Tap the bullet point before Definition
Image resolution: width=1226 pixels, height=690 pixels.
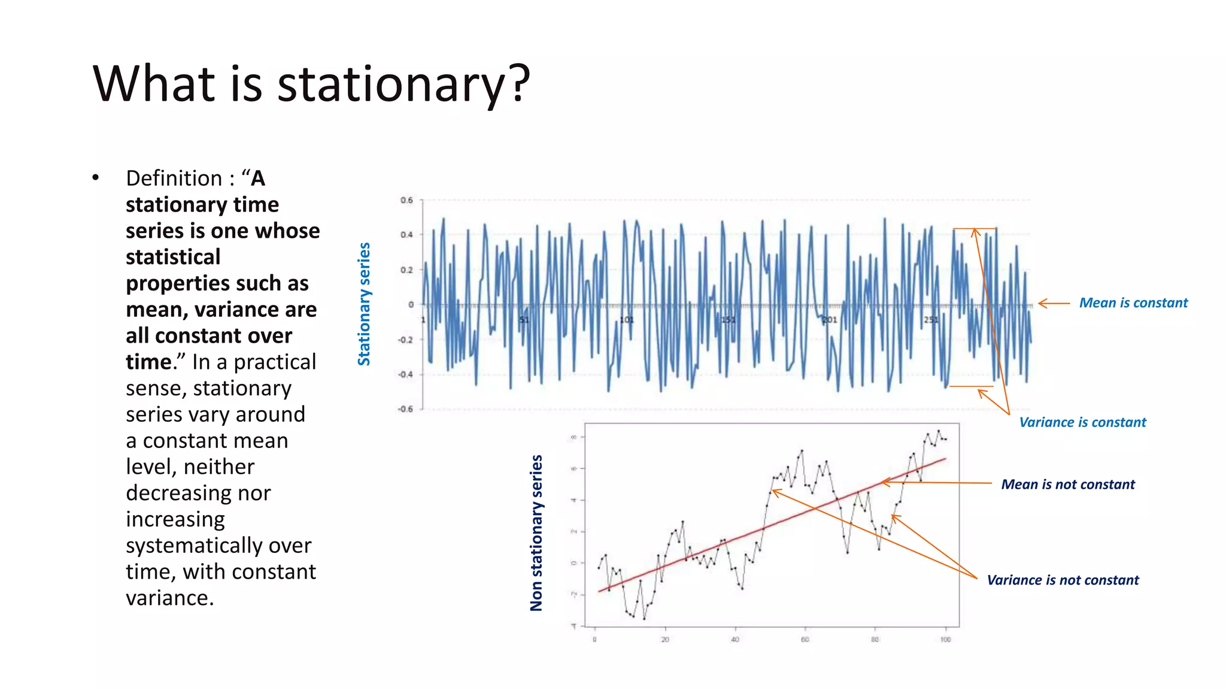(x=95, y=178)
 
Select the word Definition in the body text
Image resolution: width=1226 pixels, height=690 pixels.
(x=174, y=178)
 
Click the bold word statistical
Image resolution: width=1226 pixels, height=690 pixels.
(x=173, y=257)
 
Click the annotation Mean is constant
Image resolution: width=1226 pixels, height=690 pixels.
(x=1133, y=303)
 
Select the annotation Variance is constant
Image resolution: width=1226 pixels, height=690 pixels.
(x=1082, y=422)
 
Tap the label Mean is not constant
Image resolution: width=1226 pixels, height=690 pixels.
(x=1067, y=485)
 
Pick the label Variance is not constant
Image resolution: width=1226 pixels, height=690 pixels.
(x=1063, y=580)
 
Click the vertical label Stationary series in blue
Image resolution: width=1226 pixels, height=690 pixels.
(x=364, y=304)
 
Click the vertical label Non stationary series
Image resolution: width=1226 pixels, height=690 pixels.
(x=536, y=532)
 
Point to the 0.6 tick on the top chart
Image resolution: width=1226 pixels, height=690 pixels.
(x=406, y=201)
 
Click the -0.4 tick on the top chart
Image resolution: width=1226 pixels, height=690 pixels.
(x=405, y=374)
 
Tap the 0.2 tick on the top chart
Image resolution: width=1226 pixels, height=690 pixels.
(x=406, y=270)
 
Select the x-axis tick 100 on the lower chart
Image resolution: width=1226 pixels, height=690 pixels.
(x=945, y=640)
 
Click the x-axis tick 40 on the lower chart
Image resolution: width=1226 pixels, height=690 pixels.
(x=735, y=640)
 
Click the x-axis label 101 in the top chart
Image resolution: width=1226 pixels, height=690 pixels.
(x=626, y=320)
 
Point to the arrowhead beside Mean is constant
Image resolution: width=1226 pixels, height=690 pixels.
(x=1042, y=304)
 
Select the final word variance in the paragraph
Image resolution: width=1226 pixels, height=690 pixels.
(x=169, y=598)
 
